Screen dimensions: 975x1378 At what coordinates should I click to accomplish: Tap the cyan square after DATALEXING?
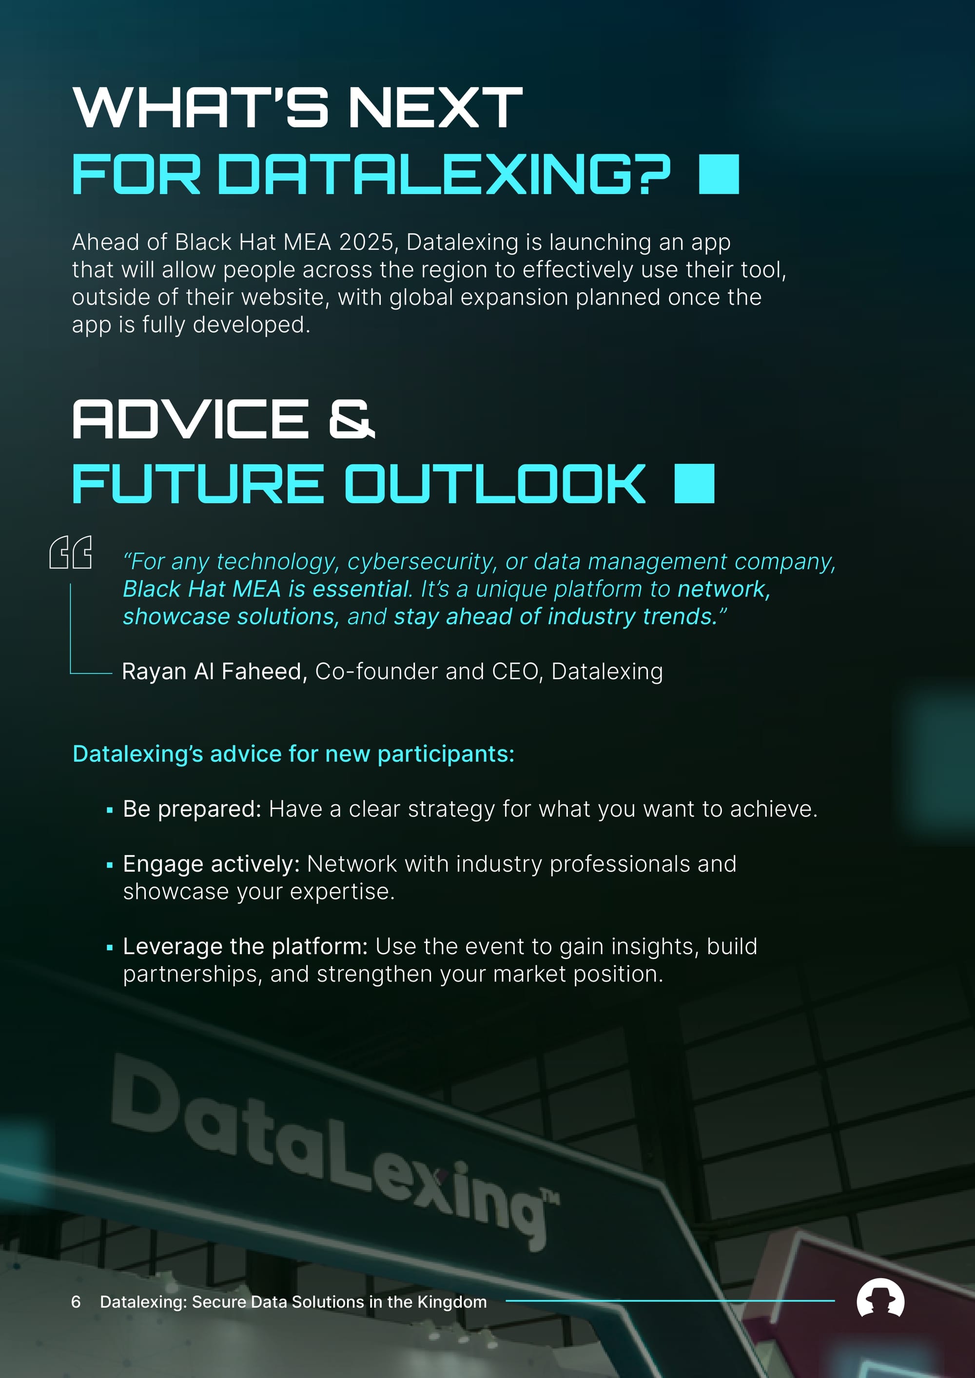pyautogui.click(x=719, y=174)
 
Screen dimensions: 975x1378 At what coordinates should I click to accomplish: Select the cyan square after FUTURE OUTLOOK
pyautogui.click(x=695, y=483)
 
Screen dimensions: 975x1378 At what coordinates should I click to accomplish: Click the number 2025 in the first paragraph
pyautogui.click(x=366, y=242)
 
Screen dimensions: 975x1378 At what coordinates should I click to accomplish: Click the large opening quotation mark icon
pyautogui.click(x=70, y=552)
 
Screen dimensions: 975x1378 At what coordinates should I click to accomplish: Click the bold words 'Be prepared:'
pyautogui.click(x=192, y=809)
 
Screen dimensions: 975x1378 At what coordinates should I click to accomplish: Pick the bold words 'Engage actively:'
pyautogui.click(x=211, y=864)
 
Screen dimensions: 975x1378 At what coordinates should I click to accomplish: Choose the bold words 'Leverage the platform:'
pyautogui.click(x=245, y=946)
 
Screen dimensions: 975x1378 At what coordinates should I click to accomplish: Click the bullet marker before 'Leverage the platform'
pyautogui.click(x=109, y=948)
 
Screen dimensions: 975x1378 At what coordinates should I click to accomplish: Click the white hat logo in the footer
pyautogui.click(x=880, y=1298)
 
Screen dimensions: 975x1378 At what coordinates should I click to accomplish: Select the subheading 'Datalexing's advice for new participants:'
pyautogui.click(x=293, y=754)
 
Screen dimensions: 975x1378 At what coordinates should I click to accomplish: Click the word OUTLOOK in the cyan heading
pyautogui.click(x=495, y=483)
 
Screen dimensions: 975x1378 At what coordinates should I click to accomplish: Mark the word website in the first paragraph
pyautogui.click(x=288, y=297)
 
